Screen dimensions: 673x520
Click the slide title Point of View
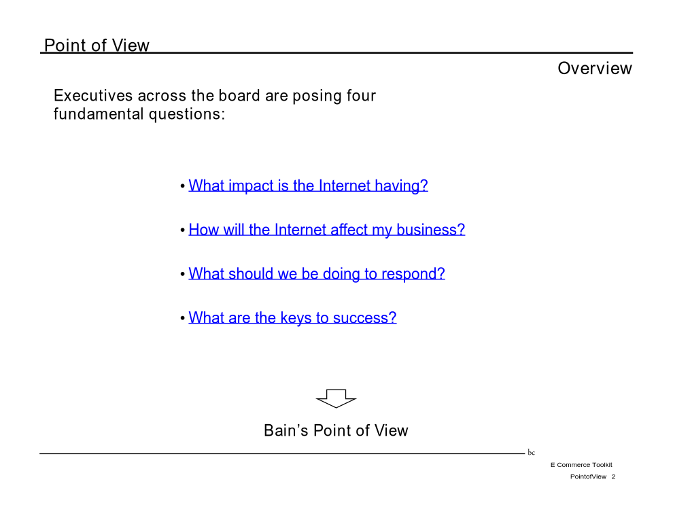coord(97,45)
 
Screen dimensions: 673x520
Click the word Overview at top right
coord(594,68)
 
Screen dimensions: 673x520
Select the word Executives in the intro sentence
coord(92,95)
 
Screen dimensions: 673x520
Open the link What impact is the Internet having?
coord(308,186)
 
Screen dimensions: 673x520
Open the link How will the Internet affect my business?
coord(326,230)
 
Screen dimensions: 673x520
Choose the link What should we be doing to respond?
coord(317,274)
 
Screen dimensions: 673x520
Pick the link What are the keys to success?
coord(292,317)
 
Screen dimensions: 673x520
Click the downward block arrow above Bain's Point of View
coord(336,398)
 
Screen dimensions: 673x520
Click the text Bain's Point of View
coord(336,430)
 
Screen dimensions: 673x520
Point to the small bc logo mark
coord(532,452)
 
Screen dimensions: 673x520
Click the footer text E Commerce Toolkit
coord(581,465)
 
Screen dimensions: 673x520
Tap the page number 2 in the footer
coord(613,476)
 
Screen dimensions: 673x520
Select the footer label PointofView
coord(588,476)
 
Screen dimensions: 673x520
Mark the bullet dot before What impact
coord(183,186)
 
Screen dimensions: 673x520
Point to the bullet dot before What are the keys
coord(183,318)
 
